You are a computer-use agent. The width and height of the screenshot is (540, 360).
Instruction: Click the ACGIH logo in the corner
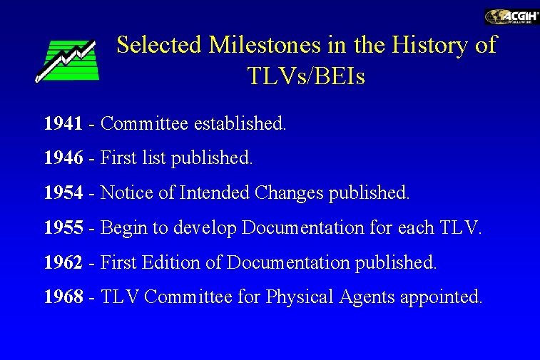pyautogui.click(x=511, y=16)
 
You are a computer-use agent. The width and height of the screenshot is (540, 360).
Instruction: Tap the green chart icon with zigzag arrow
pyautogui.click(x=66, y=61)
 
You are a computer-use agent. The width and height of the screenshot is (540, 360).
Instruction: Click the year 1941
pyautogui.click(x=63, y=123)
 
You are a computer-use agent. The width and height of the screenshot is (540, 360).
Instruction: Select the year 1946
pyautogui.click(x=63, y=158)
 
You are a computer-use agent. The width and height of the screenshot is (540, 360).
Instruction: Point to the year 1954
pyautogui.click(x=63, y=192)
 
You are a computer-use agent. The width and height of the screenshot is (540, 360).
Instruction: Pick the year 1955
pyautogui.click(x=63, y=227)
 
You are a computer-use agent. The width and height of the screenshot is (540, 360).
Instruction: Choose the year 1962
pyautogui.click(x=63, y=262)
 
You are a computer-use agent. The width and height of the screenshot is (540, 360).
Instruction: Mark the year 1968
pyautogui.click(x=63, y=297)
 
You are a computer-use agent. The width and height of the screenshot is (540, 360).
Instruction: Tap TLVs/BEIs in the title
pyautogui.click(x=306, y=76)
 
